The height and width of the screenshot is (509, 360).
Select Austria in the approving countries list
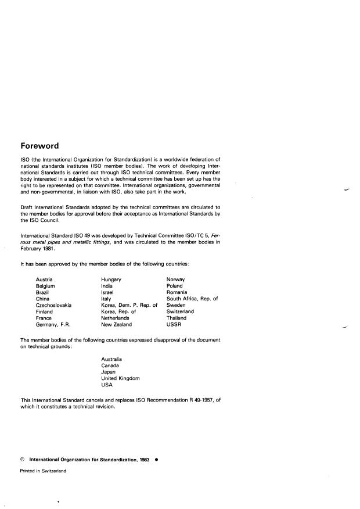(x=45, y=279)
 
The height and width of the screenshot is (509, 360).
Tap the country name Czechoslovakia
(x=54, y=305)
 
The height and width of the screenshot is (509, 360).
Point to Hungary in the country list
(x=111, y=279)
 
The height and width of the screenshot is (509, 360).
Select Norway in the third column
(x=176, y=279)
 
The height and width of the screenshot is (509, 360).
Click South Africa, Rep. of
(x=192, y=299)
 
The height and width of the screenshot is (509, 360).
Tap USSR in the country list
(x=174, y=324)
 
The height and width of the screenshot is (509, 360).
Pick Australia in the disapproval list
(x=111, y=359)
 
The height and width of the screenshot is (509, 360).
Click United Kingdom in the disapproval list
(x=120, y=378)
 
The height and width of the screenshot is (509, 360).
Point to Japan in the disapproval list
(x=108, y=372)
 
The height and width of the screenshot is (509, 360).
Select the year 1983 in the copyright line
(x=144, y=460)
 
